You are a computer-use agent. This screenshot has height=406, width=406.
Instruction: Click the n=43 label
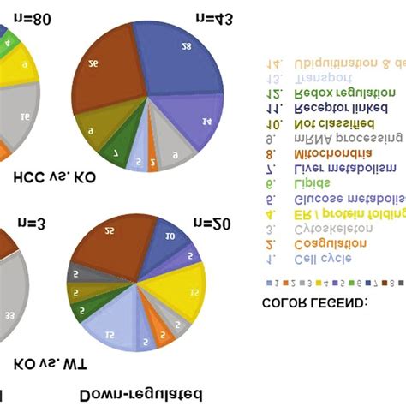coord(213,16)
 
